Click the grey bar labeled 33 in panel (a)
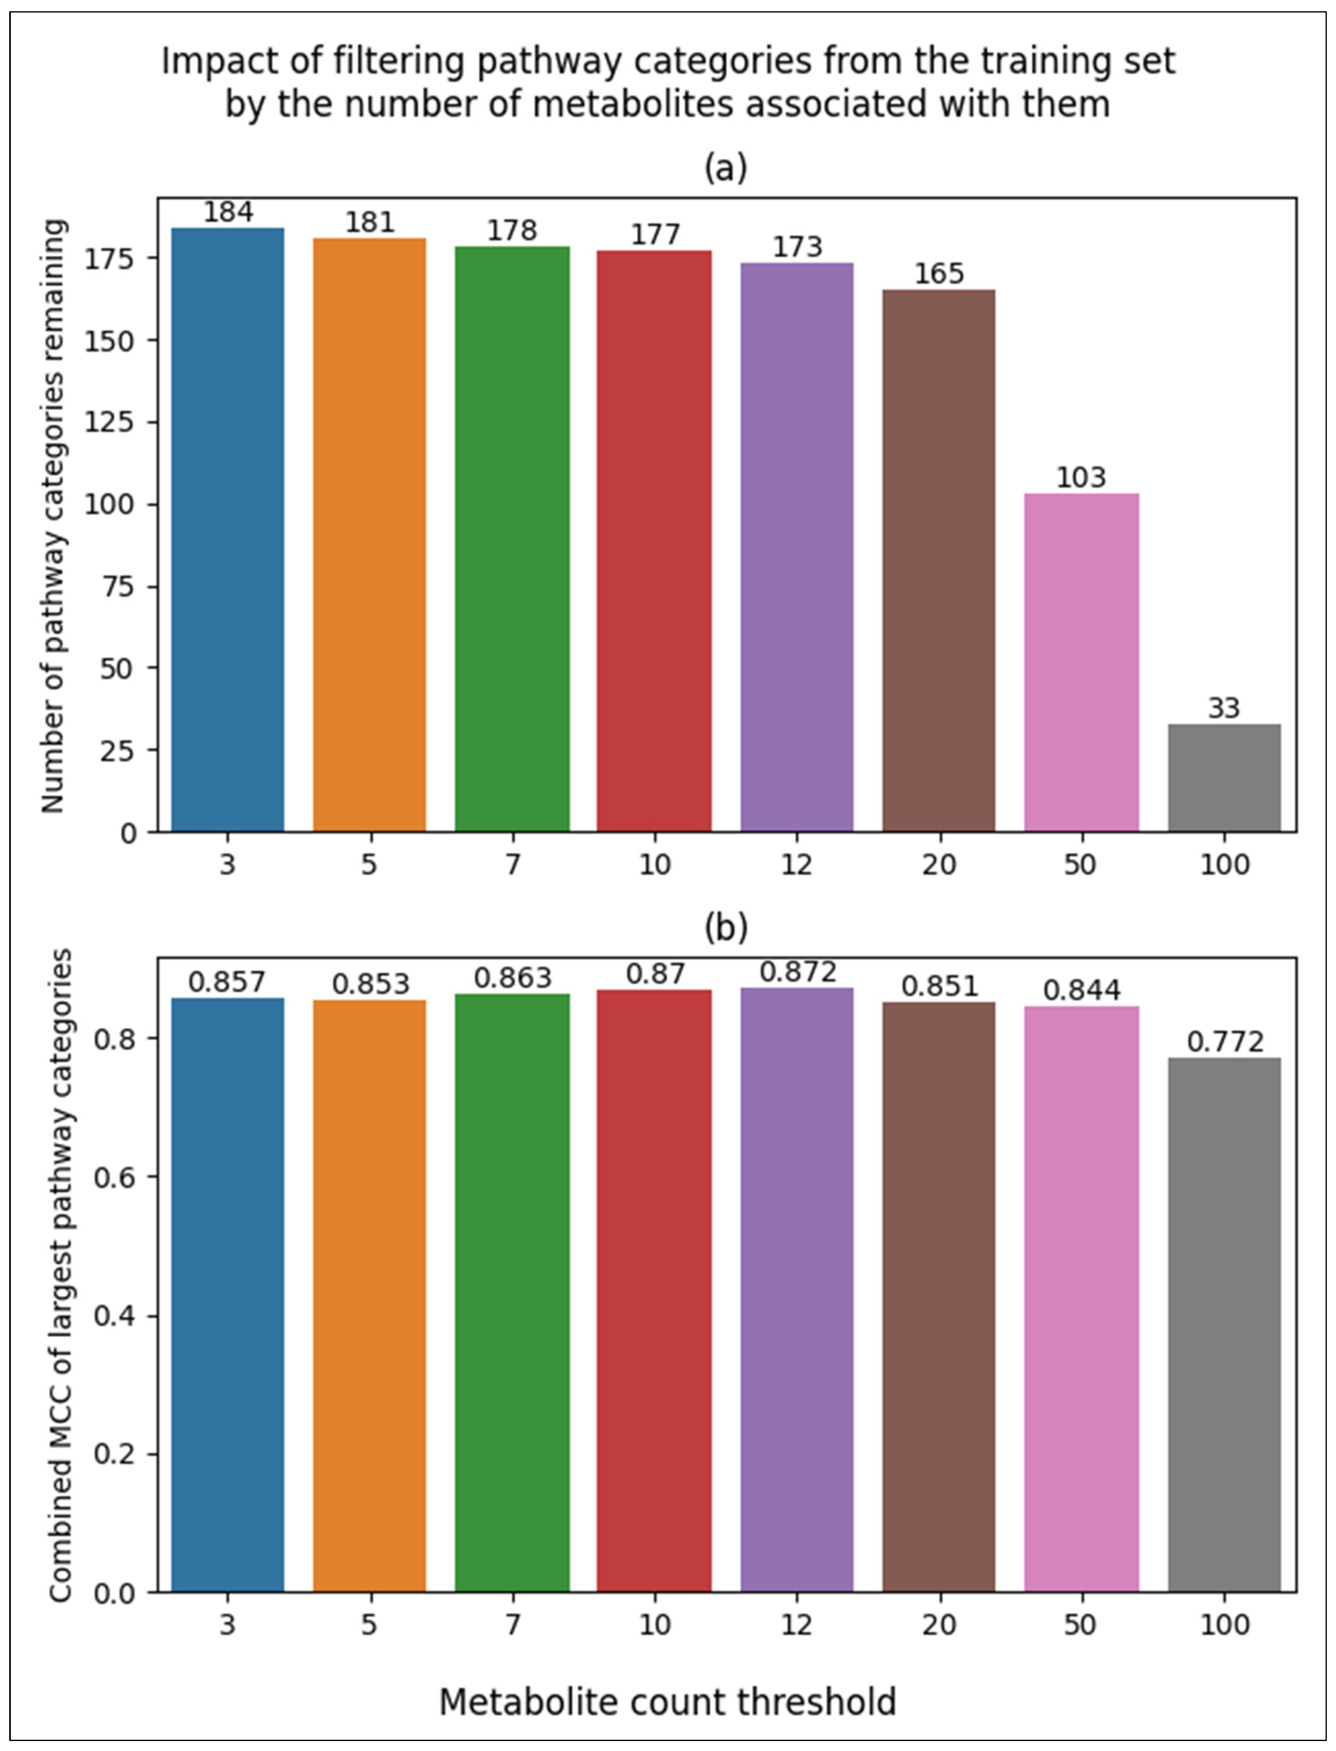click(x=1224, y=778)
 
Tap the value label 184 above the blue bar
click(x=228, y=212)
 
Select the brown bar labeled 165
click(x=938, y=561)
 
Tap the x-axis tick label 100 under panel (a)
click(x=1224, y=864)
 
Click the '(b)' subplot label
click(x=725, y=928)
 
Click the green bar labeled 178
click(x=512, y=539)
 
